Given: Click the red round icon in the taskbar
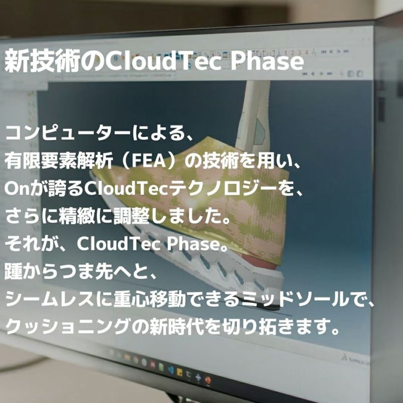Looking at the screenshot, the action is coord(208,380).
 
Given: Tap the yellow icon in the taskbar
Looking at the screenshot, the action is coord(179,372).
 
